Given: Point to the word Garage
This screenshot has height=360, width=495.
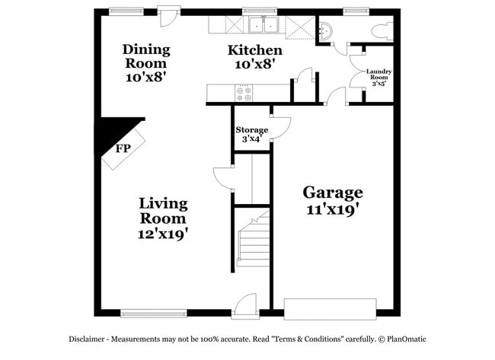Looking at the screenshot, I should point(333,192).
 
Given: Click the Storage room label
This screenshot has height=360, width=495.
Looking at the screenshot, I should point(251,130).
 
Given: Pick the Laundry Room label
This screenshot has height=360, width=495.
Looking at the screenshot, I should point(378,75).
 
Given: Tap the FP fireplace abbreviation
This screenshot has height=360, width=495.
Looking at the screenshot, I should point(122,148).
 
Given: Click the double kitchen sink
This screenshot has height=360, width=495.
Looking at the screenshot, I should point(263,26).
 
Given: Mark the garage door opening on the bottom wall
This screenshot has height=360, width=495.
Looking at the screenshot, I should point(330,307).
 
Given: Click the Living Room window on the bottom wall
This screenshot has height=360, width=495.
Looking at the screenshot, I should point(153,312).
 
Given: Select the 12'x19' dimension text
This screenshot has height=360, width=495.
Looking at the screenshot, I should point(163,234).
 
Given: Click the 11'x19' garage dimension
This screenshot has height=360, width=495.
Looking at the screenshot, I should point(333,209).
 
